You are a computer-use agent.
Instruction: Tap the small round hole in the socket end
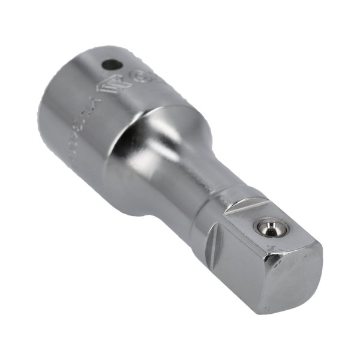click(x=110, y=63)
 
